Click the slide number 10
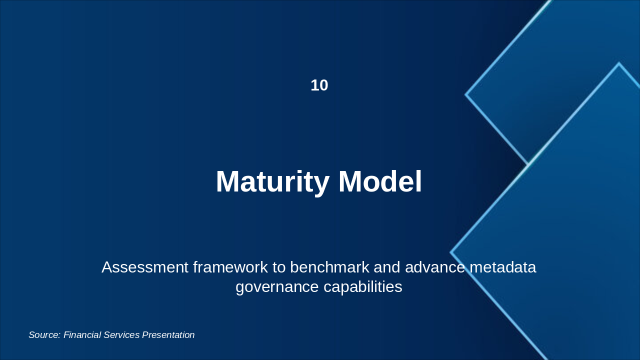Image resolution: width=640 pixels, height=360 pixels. click(319, 85)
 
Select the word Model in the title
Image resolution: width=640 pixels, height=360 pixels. click(380, 181)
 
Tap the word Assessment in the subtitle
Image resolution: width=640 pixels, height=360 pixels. click(144, 267)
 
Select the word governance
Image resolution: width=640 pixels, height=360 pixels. click(277, 287)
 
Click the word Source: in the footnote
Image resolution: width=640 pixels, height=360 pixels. click(44, 335)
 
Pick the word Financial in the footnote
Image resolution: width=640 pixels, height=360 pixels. click(82, 335)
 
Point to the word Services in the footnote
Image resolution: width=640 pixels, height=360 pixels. click(121, 335)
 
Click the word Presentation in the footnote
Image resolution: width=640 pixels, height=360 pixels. click(168, 335)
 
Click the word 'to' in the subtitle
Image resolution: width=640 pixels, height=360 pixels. click(279, 267)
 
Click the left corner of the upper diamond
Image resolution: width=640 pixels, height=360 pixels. click(466, 94)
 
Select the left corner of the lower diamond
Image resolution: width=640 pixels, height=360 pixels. click(451, 252)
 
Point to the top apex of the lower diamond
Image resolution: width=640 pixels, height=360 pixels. click(618, 63)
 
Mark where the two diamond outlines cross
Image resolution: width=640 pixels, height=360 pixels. click(528, 164)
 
